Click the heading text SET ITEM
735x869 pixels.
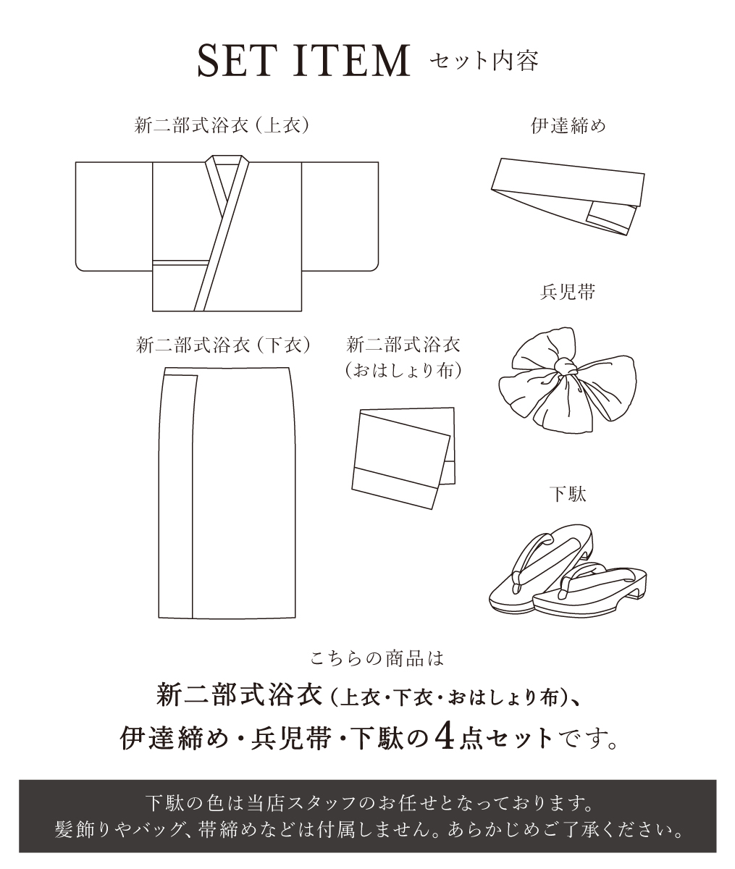point(303,61)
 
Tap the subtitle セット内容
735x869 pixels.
point(484,62)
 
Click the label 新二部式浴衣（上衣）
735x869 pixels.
point(222,125)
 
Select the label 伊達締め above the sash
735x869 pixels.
point(568,125)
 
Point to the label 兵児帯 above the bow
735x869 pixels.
point(568,292)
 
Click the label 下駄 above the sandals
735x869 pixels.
point(568,494)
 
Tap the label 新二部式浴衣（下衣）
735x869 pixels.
point(223,345)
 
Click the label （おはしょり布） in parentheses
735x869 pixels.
point(403,370)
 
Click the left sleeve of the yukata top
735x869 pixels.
point(114,217)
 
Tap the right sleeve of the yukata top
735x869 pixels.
point(340,217)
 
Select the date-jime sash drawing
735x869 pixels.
point(568,196)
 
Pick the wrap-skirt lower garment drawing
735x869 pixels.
point(227,492)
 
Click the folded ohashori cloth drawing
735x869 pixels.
point(403,458)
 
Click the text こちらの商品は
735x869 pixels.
point(377,659)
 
